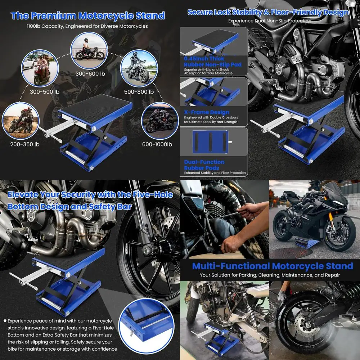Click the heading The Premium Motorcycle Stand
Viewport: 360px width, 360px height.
tap(88, 16)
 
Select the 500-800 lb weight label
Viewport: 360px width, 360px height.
tap(139, 91)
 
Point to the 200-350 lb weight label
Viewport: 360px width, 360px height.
tap(24, 144)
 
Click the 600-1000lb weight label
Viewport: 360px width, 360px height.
tap(157, 144)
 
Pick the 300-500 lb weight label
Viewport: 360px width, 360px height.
tap(45, 91)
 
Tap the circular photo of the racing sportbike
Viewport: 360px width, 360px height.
tap(159, 121)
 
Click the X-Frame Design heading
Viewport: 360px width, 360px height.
tap(206, 112)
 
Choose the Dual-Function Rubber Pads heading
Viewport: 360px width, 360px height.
tap(204, 165)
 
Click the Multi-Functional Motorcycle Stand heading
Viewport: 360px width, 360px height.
tap(272, 266)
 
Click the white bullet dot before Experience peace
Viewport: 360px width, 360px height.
tap(5, 321)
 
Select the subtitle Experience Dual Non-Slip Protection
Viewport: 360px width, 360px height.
tap(270, 21)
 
